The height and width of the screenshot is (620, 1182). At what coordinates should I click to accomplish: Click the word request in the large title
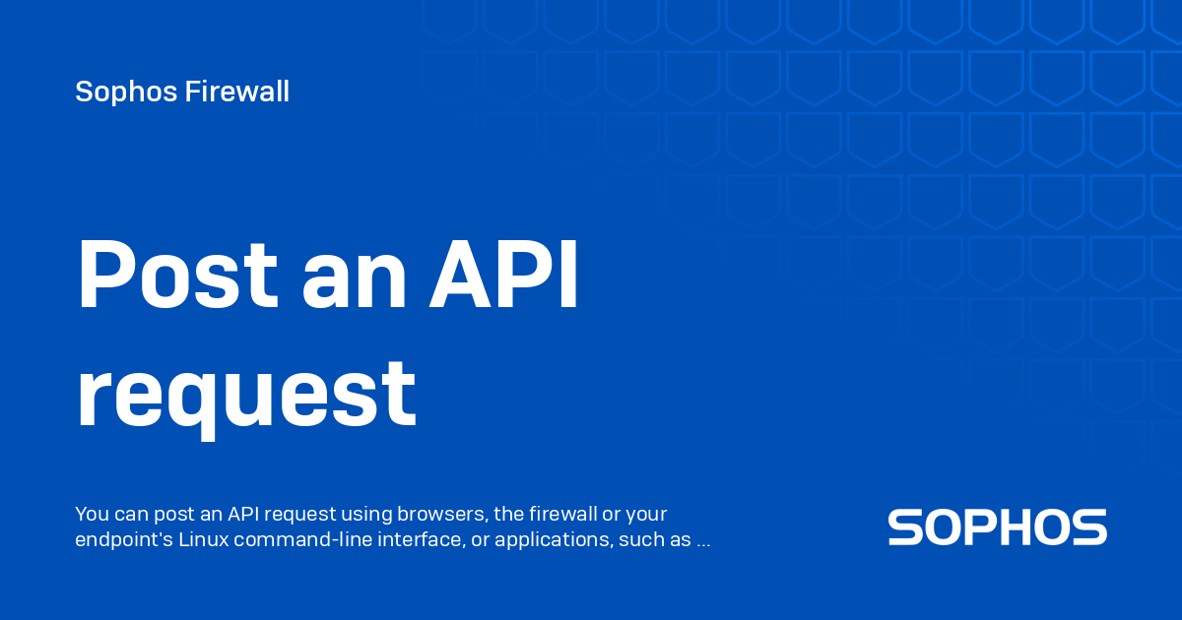246,396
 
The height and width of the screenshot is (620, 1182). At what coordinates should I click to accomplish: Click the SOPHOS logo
997,527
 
